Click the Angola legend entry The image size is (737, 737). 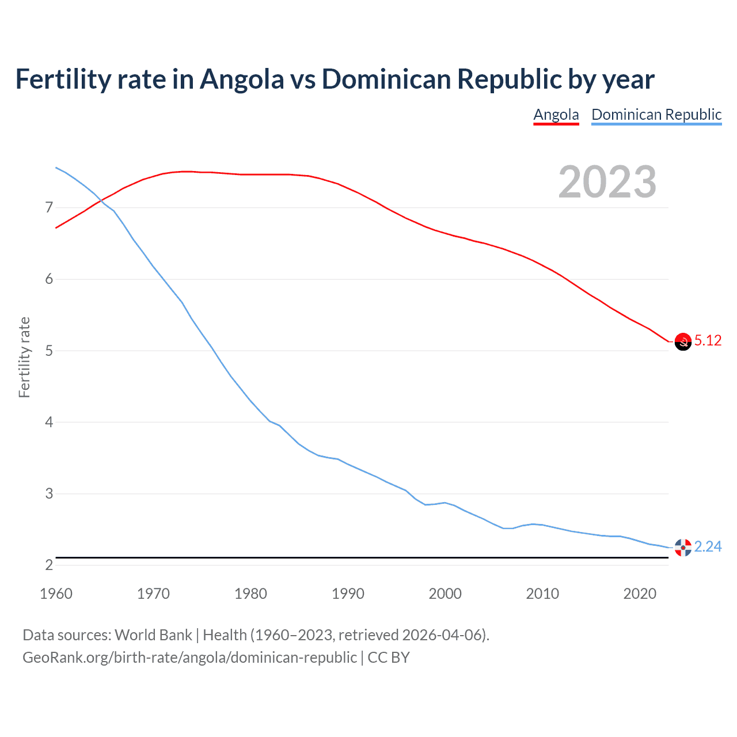coord(556,115)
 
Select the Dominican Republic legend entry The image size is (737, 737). coord(656,115)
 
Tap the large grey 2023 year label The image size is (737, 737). coord(607,182)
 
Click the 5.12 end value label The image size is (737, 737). coord(708,340)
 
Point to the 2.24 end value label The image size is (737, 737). coord(708,546)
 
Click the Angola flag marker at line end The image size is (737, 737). coord(683,342)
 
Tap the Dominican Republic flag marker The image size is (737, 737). coord(683,548)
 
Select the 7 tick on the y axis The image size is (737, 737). coord(48,207)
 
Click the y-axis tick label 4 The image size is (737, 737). coord(48,422)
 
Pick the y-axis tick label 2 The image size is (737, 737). coord(48,565)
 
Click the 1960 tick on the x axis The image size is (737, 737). coord(56,594)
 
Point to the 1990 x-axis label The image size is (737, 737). coord(348,594)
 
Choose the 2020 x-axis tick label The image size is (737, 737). coord(640,594)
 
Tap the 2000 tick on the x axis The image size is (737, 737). coord(445,594)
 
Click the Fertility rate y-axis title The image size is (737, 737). coord(24,357)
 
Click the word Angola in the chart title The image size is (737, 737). coord(242,79)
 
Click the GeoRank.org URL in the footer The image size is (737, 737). coord(189,657)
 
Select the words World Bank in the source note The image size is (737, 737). coord(153,635)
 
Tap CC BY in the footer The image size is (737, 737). coord(389,657)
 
